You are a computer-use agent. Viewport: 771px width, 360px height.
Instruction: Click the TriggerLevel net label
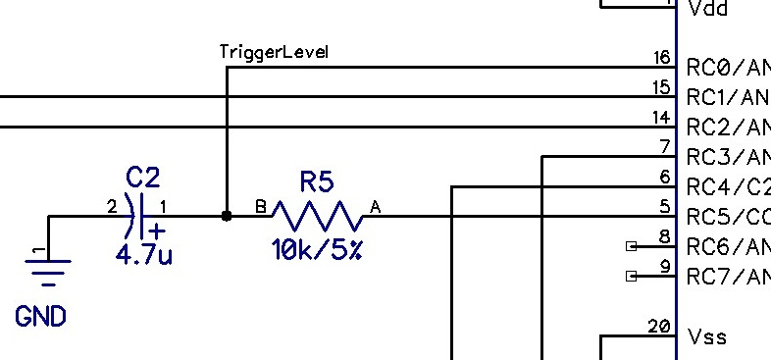[273, 52]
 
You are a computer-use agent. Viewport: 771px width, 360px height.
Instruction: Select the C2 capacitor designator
[143, 178]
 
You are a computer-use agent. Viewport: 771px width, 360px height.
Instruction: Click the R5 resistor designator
[317, 181]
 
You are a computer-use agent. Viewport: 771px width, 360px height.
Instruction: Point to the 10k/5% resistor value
[317, 251]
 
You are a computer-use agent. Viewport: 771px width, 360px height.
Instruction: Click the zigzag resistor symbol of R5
[317, 216]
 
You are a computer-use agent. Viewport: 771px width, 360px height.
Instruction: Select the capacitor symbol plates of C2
[144, 216]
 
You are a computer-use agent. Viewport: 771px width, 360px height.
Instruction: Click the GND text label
[40, 316]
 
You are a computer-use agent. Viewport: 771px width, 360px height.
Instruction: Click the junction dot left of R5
[227, 216]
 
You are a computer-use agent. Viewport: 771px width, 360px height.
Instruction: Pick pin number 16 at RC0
[662, 59]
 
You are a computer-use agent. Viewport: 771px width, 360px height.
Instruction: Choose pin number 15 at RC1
[662, 88]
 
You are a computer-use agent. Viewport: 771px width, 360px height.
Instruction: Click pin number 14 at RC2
[662, 118]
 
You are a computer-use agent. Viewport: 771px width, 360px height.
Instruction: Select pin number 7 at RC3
[665, 147]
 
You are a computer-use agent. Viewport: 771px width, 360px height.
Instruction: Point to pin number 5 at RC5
[665, 206]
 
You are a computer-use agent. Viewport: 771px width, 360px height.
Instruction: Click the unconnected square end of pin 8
[631, 245]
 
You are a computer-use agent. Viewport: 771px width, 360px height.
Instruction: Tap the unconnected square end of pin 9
[631, 277]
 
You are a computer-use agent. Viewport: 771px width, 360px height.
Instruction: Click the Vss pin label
[707, 337]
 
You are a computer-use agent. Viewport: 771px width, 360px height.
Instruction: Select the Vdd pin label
[707, 9]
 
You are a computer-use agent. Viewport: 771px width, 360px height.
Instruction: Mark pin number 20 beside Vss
[659, 326]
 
